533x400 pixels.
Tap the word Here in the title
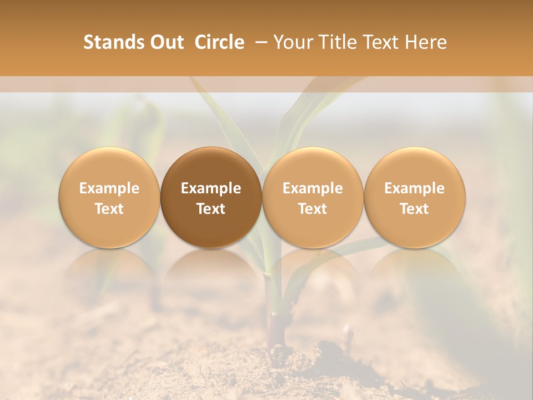(x=426, y=42)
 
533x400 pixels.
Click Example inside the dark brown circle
(x=211, y=188)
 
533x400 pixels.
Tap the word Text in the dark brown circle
(x=211, y=209)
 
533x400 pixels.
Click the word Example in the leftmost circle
(x=109, y=188)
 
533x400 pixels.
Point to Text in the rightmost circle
(x=415, y=209)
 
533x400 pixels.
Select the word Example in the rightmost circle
(x=415, y=188)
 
